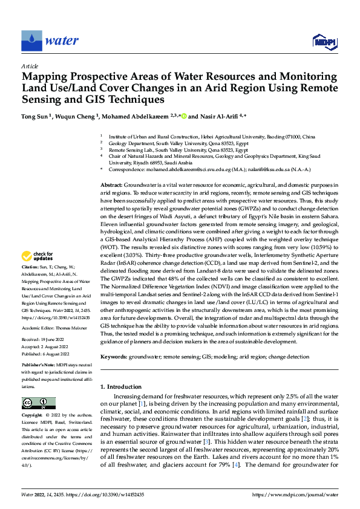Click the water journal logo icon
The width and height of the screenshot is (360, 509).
[31, 41]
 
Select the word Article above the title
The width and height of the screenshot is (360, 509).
[30, 66]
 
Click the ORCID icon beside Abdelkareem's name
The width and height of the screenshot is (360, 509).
[183, 115]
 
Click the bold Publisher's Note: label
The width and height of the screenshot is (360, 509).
[38, 366]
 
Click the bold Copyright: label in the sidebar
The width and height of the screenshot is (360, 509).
[33, 417]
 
